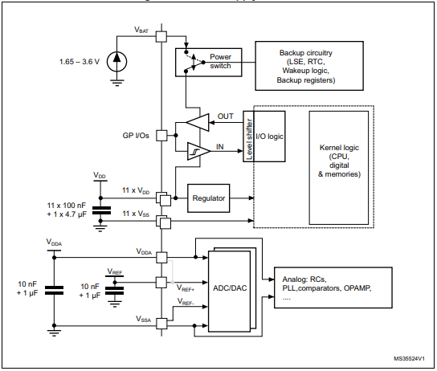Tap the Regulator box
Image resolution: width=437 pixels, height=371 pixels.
pyautogui.click(x=209, y=198)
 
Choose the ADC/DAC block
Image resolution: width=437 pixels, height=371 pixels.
pyautogui.click(x=228, y=288)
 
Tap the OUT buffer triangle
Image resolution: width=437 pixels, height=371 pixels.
pyautogui.click(x=197, y=120)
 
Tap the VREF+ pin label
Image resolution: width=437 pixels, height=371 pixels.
pyautogui.click(x=186, y=286)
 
